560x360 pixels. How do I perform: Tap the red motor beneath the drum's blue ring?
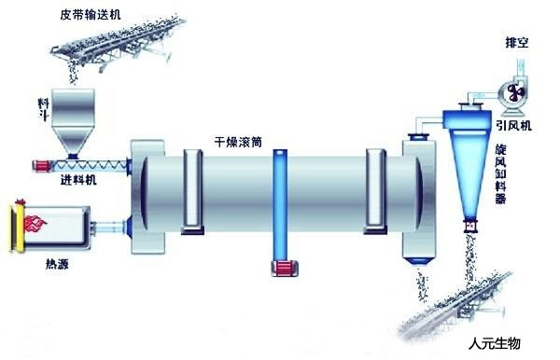(280, 269)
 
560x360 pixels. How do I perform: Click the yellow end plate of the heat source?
(16, 225)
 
